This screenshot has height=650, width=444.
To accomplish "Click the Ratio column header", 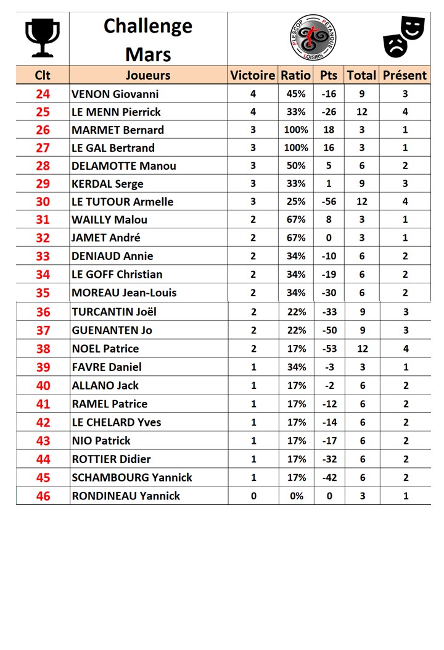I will pos(296,75).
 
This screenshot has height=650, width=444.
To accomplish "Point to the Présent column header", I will pos(405,75).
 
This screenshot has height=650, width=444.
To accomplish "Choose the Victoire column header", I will pos(253,75).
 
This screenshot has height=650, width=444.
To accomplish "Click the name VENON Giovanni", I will pos(115,94).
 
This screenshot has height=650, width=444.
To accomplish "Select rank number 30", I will pos(43,202).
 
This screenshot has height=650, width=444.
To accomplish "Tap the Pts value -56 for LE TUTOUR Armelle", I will pos(329,202).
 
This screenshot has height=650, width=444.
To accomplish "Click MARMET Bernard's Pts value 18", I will pos(329,130).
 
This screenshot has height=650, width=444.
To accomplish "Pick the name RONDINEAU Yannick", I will pos(126,496).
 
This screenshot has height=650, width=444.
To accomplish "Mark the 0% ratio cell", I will pos(296,496).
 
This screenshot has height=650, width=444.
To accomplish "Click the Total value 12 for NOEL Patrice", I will pos(362,349).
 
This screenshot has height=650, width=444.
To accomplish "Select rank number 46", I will pos(43,496).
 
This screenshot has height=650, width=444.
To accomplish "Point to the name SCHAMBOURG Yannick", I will pos(132,478).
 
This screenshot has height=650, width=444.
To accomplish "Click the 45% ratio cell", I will pos(296,94).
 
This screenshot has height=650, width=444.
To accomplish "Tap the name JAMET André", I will pos(106,238).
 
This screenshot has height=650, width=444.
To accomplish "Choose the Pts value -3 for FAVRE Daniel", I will pos(329,367).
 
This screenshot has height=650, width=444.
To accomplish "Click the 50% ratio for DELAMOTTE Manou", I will pos(296,166).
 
